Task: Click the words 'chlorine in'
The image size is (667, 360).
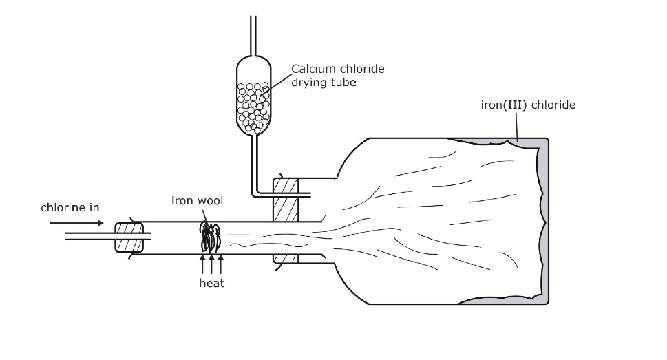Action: [70, 207]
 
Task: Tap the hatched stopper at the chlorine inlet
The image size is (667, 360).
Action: [129, 237]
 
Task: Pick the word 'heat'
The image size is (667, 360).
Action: [211, 283]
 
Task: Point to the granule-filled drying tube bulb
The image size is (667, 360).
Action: [254, 96]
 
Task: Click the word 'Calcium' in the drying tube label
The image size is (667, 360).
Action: [313, 69]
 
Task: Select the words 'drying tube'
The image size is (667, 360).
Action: [324, 83]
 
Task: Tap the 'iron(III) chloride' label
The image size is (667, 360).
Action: [528, 105]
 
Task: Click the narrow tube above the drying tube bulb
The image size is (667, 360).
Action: [253, 28]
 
